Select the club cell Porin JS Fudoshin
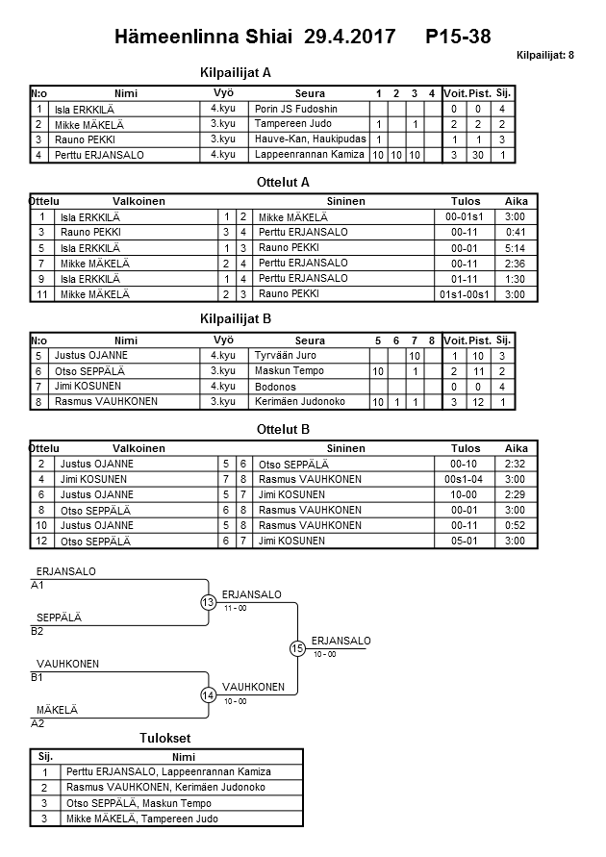pyautogui.click(x=296, y=110)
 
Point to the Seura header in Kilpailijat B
pyautogui.click(x=310, y=340)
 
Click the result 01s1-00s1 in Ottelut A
pyautogui.click(x=465, y=293)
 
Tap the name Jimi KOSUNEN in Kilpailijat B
pyautogui.click(x=87, y=387)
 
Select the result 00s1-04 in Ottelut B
pyautogui.click(x=465, y=479)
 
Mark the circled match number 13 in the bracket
pyautogui.click(x=208, y=602)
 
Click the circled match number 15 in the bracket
pyautogui.click(x=297, y=648)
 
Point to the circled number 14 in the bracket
pyautogui.click(x=208, y=695)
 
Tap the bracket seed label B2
pyautogui.click(x=38, y=631)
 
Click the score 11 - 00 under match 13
pyautogui.click(x=236, y=608)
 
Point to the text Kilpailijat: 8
pyautogui.click(x=545, y=55)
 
